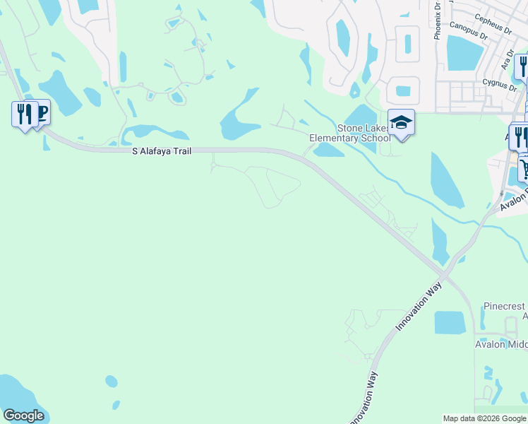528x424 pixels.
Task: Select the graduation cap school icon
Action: (401, 122)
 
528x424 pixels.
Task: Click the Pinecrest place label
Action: (504, 307)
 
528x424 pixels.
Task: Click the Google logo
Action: (23, 416)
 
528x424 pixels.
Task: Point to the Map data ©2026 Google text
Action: (484, 418)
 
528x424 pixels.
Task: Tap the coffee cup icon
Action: (41, 112)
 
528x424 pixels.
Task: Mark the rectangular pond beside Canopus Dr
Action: (464, 53)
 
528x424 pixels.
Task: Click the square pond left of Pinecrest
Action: (450, 322)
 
